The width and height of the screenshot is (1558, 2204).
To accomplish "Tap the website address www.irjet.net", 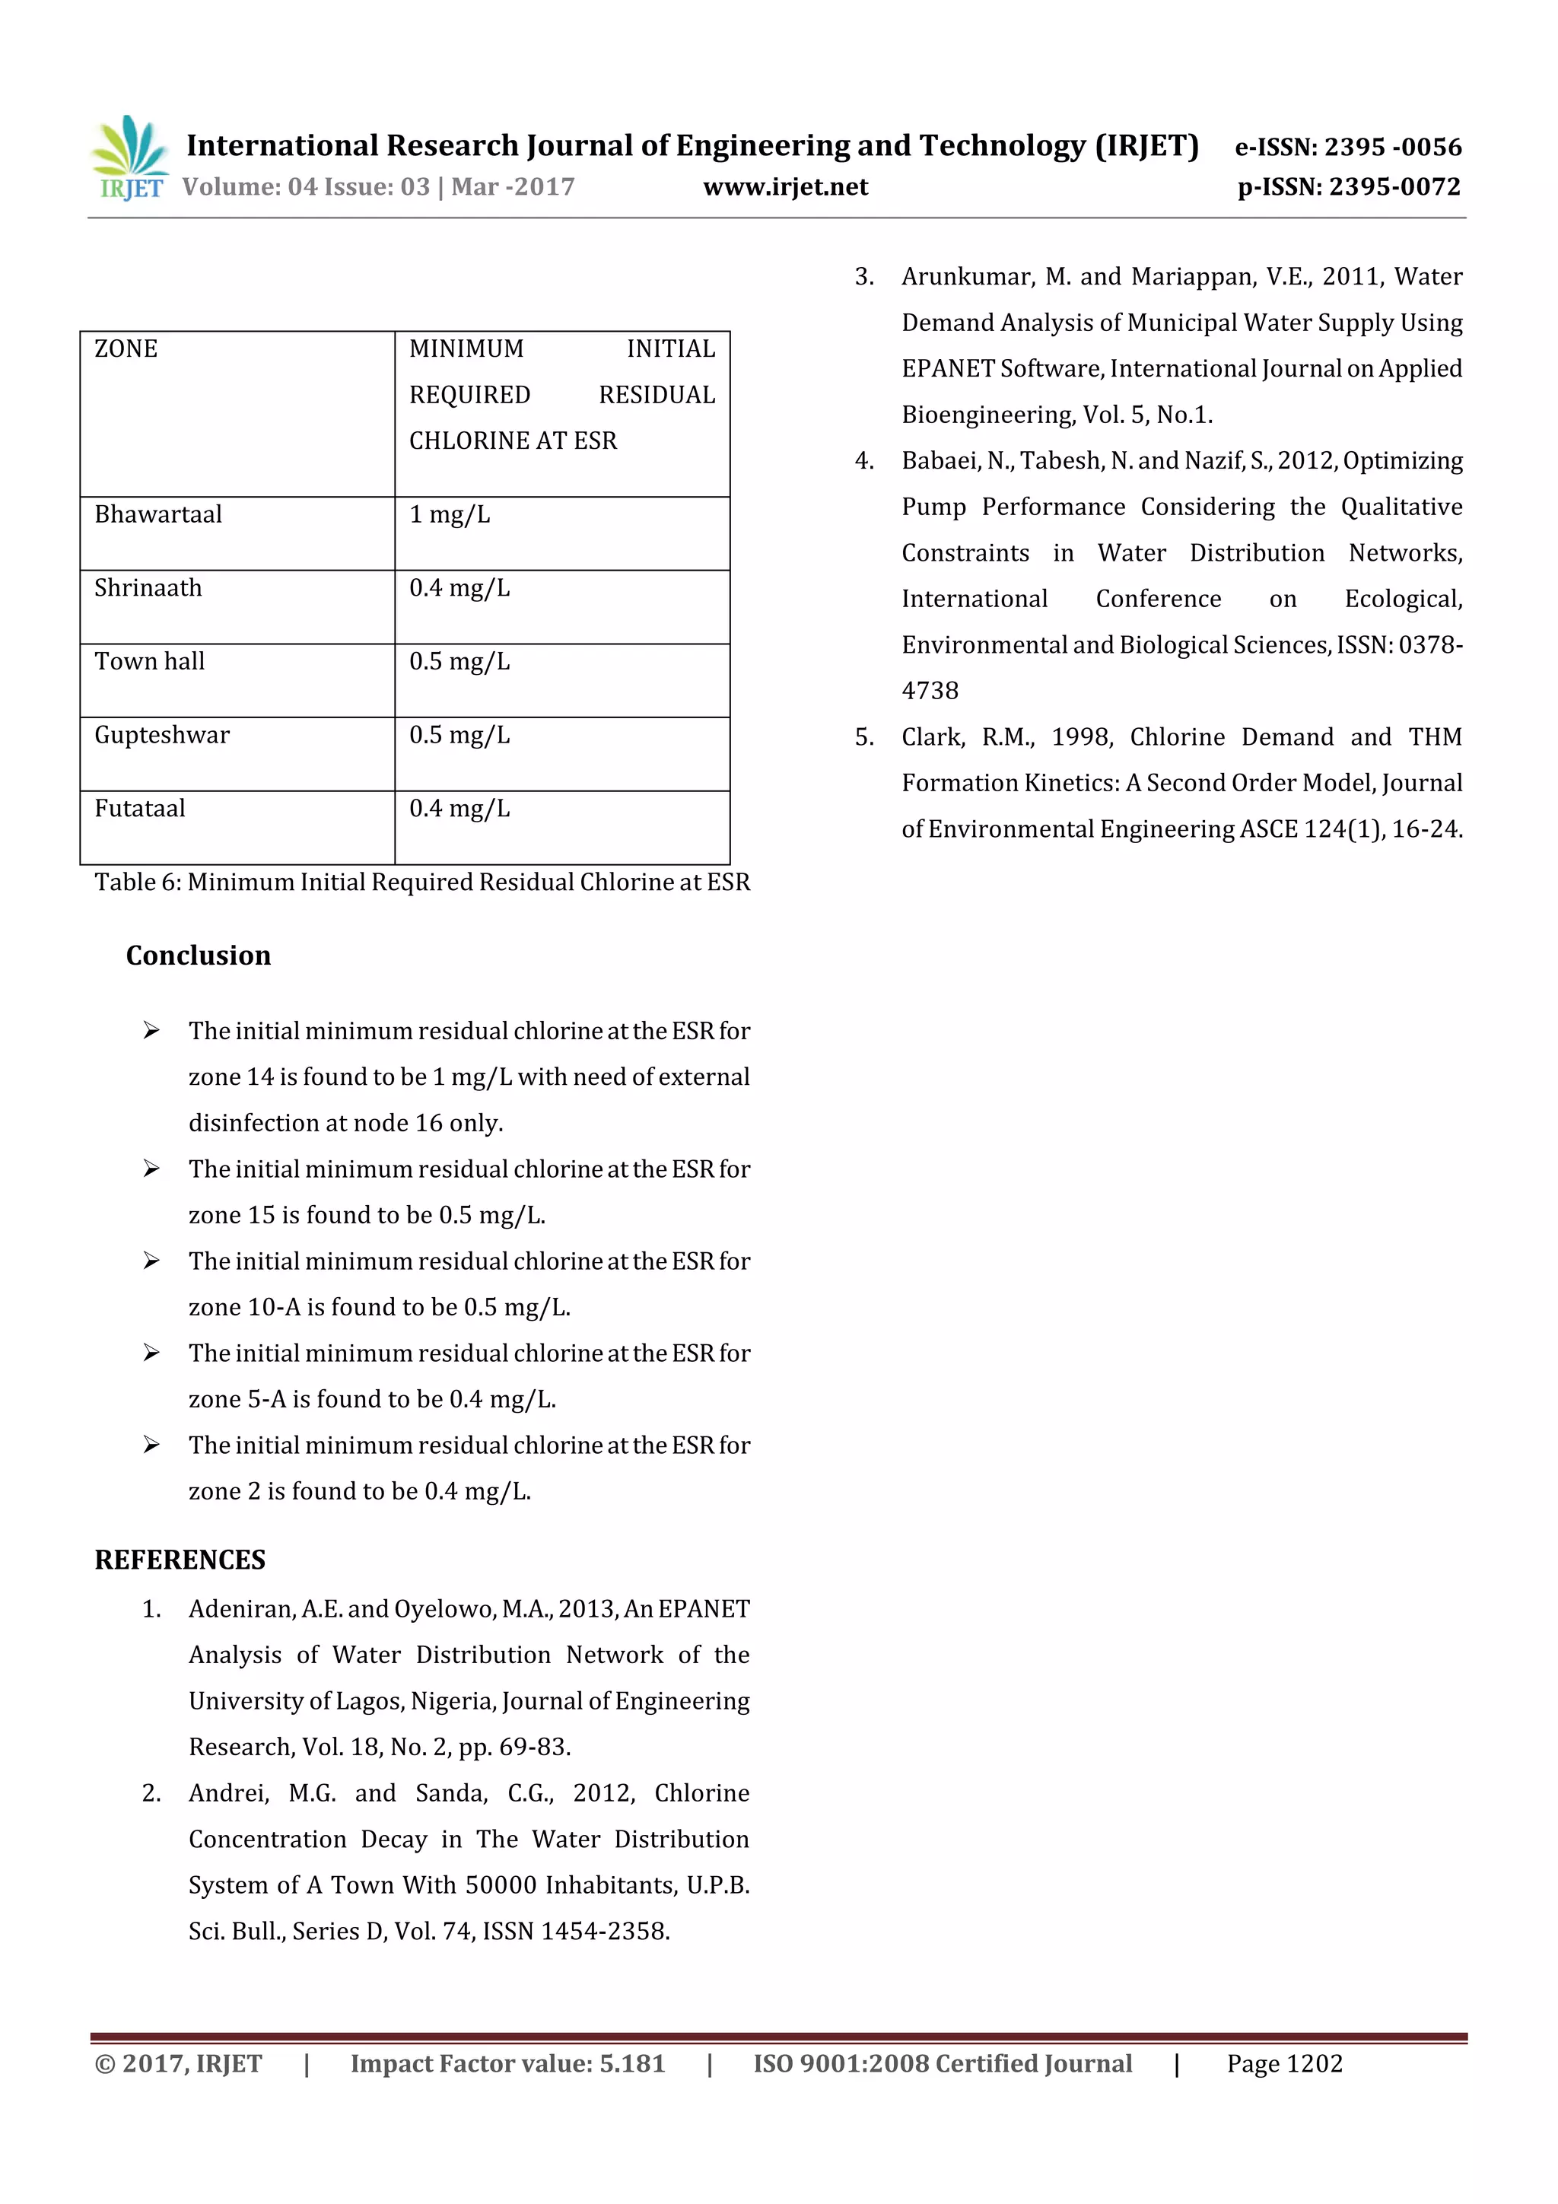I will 784,187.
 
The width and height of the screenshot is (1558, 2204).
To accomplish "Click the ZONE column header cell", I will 126,348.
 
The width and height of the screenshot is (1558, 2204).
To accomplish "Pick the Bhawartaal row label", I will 157,514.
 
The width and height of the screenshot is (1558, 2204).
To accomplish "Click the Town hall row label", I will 149,661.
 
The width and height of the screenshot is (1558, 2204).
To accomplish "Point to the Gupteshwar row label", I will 161,736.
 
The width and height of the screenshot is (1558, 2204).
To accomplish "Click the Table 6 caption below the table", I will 421,883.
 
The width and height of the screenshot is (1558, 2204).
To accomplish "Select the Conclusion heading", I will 198,956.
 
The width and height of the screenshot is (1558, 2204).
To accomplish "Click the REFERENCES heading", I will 180,1560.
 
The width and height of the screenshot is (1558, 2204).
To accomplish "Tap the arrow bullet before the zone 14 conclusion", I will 151,1031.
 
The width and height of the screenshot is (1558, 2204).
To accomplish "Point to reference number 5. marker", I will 864,737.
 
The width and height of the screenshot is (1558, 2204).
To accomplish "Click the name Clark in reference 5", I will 929,737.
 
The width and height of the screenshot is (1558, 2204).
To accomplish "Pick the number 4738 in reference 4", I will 929,691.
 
